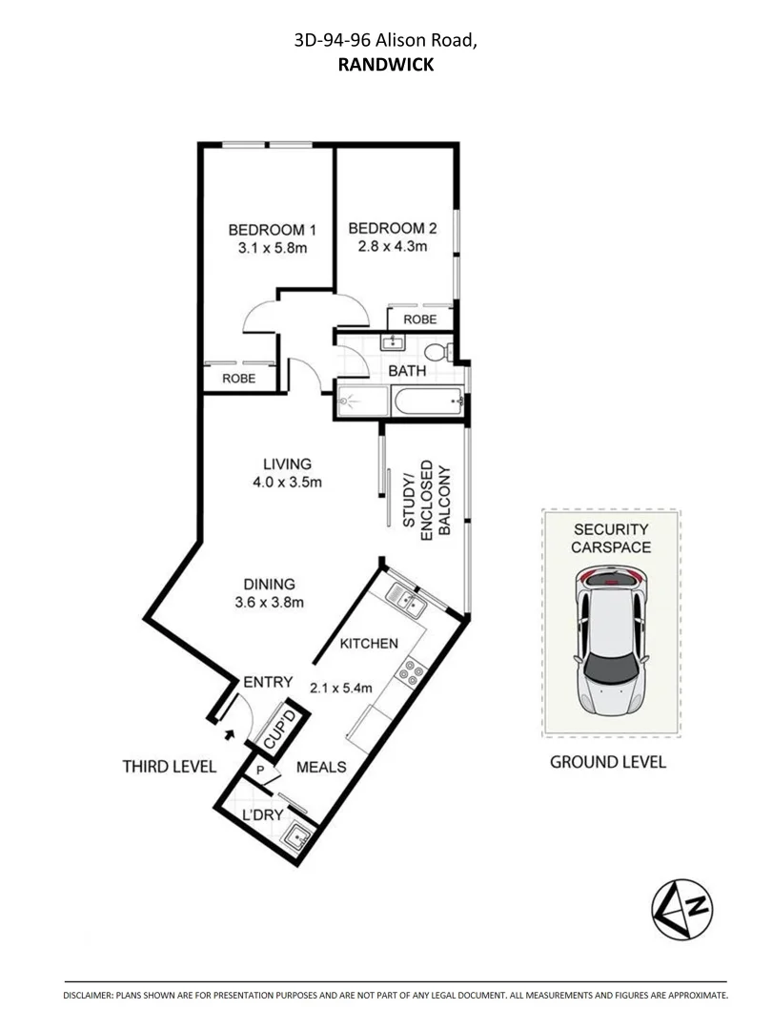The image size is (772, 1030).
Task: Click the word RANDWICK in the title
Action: pos(385,65)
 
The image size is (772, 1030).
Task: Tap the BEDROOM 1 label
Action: pos(272,230)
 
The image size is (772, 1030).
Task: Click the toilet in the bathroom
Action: pos(438,351)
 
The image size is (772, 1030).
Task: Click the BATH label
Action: pos(406,371)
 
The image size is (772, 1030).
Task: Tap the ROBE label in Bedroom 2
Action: pos(420,319)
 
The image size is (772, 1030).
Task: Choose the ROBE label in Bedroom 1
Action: pos(238,379)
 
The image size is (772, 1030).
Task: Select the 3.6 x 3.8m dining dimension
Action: pos(269,602)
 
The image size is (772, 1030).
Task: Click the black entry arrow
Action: pos(228,734)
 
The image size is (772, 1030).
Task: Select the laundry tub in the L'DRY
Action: pos(297,836)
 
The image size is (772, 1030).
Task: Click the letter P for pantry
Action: pos(259,769)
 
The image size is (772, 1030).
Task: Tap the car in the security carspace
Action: pos(611,639)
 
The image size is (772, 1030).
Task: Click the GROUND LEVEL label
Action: pos(608,762)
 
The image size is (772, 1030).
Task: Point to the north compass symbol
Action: pos(682,907)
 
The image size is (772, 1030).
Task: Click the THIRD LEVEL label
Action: pos(170,767)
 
